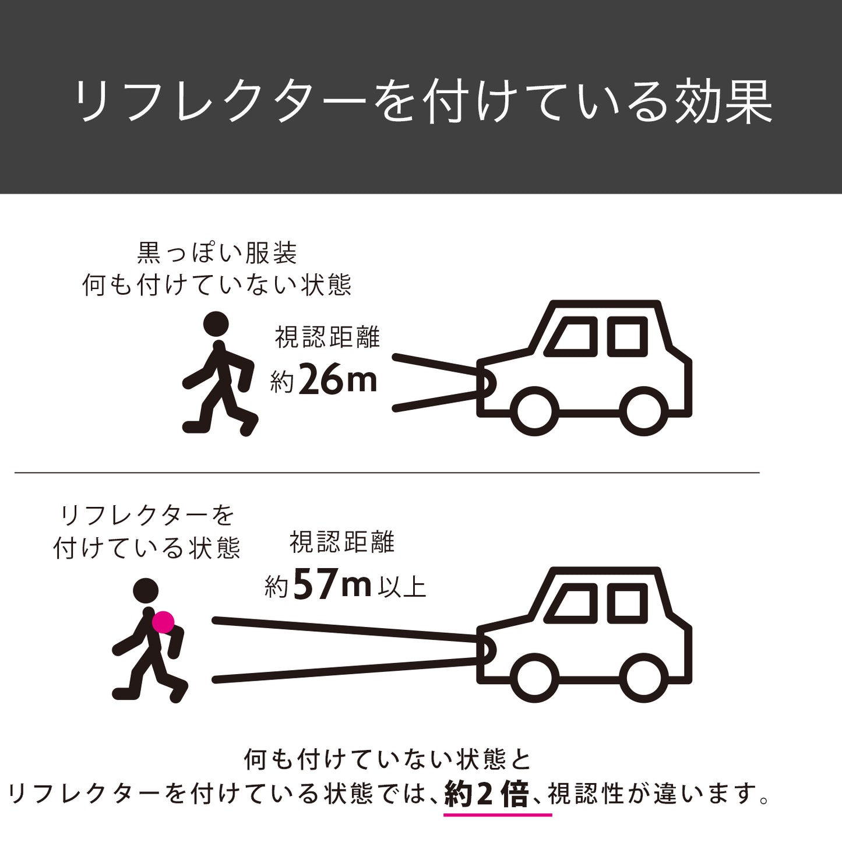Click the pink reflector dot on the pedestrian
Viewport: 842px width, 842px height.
tap(163, 622)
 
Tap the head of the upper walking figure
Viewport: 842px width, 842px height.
tap(216, 324)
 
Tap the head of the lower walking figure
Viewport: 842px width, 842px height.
tap(146, 591)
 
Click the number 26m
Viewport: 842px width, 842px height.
tap(337, 379)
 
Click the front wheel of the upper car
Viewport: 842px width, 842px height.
tap(535, 411)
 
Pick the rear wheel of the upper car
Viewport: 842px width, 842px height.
tap(644, 411)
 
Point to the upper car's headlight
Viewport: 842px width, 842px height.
tap(488, 383)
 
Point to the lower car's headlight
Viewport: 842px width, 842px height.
tap(488, 651)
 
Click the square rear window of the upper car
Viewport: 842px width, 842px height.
tap(628, 337)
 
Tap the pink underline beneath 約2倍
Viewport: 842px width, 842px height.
tap(498, 815)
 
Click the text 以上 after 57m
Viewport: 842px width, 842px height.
tap(402, 587)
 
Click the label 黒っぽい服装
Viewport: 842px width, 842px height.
tap(217, 253)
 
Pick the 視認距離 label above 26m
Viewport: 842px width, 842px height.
tap(327, 337)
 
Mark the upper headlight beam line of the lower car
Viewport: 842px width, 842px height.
tap(345, 630)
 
